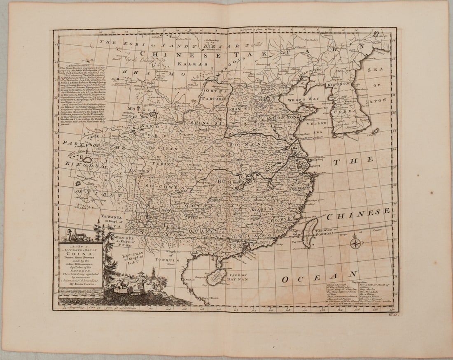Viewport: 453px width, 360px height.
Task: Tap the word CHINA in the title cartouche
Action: tap(80, 253)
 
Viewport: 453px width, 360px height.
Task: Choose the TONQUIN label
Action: tap(167, 260)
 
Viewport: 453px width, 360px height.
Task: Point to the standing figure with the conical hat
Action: tap(142, 281)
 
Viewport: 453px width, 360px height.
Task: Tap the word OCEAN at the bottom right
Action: tap(319, 277)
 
